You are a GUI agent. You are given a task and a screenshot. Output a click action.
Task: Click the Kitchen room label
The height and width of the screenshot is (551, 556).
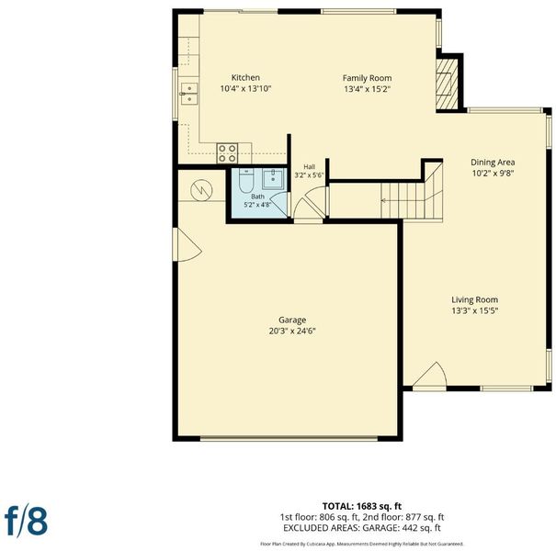[245, 78]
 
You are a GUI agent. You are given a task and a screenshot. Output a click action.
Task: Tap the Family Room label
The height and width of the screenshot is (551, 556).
[367, 78]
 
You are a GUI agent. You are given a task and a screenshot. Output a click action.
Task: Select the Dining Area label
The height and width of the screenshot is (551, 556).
[493, 163]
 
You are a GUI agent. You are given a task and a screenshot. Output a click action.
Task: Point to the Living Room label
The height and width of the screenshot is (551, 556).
[474, 299]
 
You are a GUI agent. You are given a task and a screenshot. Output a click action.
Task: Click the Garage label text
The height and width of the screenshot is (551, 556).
[292, 320]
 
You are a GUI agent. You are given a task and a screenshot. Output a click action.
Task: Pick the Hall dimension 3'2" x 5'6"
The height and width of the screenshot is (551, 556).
[309, 174]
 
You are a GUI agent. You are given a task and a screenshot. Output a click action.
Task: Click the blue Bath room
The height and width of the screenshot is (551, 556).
[258, 193]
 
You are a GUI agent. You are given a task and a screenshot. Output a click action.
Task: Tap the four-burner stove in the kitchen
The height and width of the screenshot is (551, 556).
[227, 153]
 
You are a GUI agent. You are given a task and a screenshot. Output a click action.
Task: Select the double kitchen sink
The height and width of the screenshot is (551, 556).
[189, 94]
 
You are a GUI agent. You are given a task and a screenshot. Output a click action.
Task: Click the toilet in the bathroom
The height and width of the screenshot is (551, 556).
[245, 180]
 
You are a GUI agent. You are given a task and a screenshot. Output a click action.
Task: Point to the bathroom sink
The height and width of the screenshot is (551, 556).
[273, 179]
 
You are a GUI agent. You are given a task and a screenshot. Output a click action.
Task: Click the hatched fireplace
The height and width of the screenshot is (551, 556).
[447, 84]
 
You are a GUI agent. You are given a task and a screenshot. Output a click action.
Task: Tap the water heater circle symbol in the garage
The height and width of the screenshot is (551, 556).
[201, 190]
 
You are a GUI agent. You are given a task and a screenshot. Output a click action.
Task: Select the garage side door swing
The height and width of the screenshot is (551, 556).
[187, 244]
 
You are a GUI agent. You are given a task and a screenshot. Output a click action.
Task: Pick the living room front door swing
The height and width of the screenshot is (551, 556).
[430, 375]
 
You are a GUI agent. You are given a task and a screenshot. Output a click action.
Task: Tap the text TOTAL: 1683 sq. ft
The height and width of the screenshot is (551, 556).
[362, 506]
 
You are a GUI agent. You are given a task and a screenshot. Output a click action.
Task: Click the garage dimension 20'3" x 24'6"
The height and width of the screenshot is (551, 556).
[292, 332]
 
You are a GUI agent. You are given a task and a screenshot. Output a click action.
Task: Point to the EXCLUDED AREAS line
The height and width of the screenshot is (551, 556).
[362, 528]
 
